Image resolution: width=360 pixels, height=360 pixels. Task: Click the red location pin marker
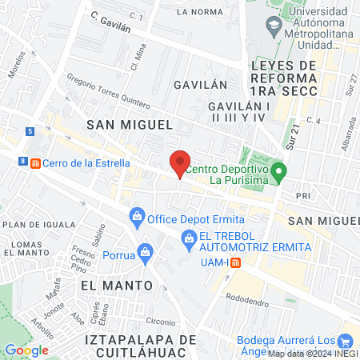[180, 163]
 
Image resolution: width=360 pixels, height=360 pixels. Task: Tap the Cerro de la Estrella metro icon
[35, 163]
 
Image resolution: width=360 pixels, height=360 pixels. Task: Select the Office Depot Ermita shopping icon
[137, 216]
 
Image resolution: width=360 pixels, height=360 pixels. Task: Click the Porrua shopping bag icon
[145, 252]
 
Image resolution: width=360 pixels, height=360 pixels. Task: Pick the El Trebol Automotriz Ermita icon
[189, 237]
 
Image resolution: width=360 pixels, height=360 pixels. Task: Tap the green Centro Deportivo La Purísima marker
[278, 170]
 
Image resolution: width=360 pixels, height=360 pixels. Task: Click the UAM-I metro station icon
[235, 262]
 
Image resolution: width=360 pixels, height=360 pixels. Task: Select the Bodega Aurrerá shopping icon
[346, 340]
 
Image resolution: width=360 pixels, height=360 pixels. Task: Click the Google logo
[26, 350]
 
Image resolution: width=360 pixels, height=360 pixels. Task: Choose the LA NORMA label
[200, 12]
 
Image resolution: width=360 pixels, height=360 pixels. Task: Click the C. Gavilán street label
[110, 21]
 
